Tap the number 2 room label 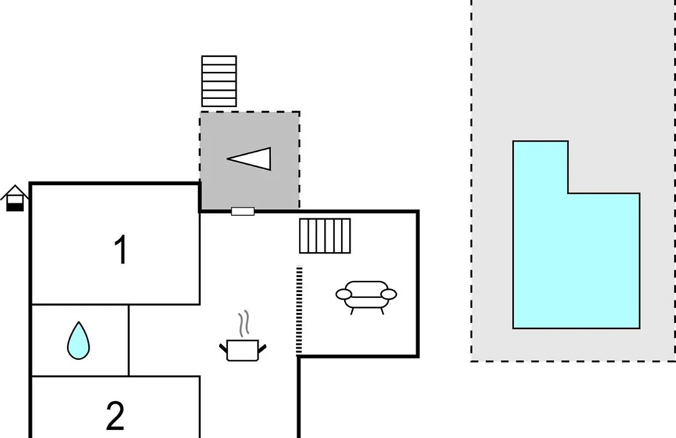click(x=115, y=415)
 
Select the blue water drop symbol click(x=78, y=340)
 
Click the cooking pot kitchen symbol click(x=243, y=350)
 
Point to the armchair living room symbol click(x=366, y=297)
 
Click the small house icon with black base click(x=15, y=198)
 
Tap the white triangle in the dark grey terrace click(x=250, y=159)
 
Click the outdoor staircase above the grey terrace click(x=219, y=81)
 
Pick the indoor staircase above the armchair click(x=325, y=236)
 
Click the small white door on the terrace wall click(x=243, y=211)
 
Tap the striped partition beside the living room click(x=299, y=310)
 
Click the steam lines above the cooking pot click(x=244, y=323)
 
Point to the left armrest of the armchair click(x=344, y=295)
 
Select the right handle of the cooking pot click(x=262, y=347)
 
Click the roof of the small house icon click(x=15, y=192)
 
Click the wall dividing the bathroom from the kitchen click(x=128, y=340)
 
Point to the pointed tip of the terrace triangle click(x=228, y=159)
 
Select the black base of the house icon click(x=15, y=207)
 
